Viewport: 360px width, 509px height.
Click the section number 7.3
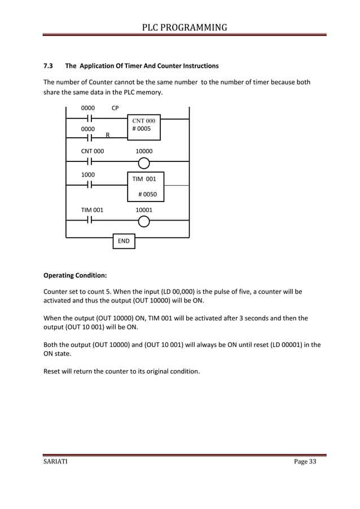[49, 65]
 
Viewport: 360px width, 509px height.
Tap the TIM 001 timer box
[145, 187]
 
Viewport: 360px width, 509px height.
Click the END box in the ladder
[124, 241]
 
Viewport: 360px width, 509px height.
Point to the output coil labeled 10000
[144, 164]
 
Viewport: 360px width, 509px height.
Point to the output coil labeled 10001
[144, 221]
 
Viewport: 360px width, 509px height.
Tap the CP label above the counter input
[115, 107]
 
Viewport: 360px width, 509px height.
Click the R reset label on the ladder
[107, 135]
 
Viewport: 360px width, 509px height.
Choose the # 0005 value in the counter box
[141, 129]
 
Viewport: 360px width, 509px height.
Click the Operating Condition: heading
[75, 276]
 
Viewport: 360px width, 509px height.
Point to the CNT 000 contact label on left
[93, 151]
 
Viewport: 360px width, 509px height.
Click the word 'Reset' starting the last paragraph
[53, 372]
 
